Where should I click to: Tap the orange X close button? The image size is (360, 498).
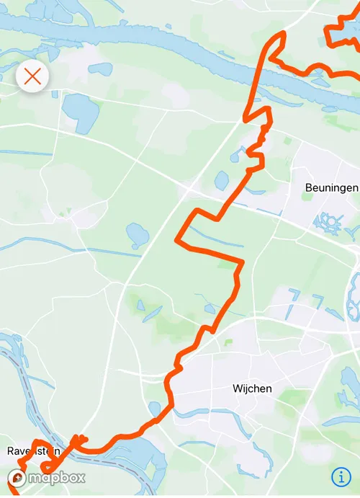click(32, 76)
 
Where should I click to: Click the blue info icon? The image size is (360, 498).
click(340, 476)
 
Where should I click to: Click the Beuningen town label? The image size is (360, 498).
click(331, 187)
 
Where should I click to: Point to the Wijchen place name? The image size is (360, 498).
click(252, 388)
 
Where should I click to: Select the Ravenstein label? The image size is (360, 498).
click(32, 450)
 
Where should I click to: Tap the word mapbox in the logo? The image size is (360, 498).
click(58, 477)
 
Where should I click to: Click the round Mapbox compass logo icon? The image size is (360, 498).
click(17, 477)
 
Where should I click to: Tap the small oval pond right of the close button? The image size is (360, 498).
click(100, 69)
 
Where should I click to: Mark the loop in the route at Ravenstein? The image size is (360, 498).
click(40, 454)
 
